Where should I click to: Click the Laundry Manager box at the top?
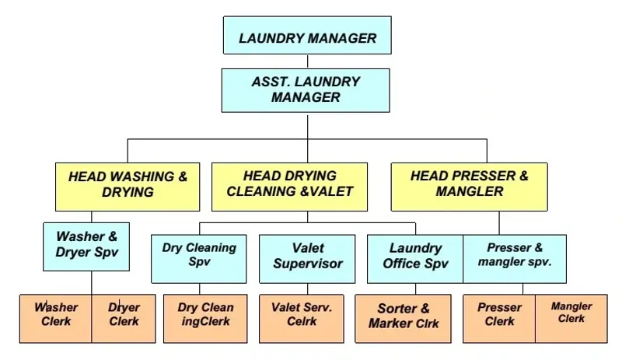(307, 37)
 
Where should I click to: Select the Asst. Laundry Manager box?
(306, 89)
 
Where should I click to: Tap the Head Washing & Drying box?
(128, 185)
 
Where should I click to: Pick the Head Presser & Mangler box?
(470, 185)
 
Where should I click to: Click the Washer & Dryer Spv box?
(86, 245)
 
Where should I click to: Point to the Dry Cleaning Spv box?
(199, 257)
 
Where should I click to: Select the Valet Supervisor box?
(308, 257)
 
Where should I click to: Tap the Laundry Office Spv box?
(415, 257)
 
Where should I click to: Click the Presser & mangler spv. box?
(515, 257)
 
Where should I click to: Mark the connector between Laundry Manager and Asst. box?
(308, 61)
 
